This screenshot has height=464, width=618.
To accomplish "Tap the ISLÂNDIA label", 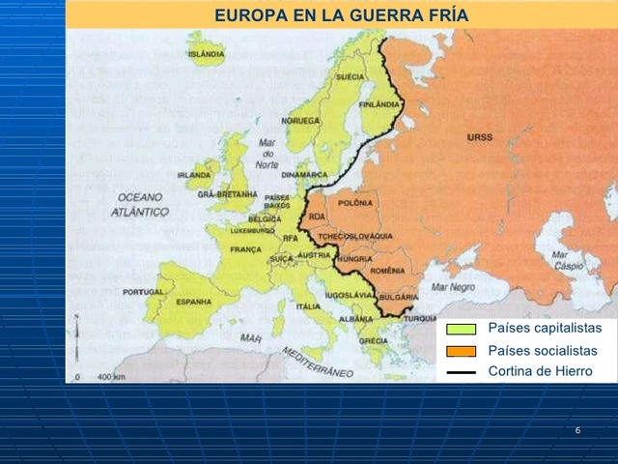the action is [x=207, y=54].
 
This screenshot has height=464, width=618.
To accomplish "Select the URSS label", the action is [x=479, y=137].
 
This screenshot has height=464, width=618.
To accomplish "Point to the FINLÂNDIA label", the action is [x=379, y=103].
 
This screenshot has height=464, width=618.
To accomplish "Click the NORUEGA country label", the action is [x=299, y=121].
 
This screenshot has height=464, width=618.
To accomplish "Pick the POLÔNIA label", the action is [x=355, y=204].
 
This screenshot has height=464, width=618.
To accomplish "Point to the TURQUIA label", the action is [x=420, y=318].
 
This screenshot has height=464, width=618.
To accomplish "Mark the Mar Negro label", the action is [x=453, y=286].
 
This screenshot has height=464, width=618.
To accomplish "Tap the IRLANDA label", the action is [x=193, y=175].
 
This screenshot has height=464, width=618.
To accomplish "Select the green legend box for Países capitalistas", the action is [x=462, y=330].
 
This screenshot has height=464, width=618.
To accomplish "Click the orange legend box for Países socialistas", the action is [x=462, y=351].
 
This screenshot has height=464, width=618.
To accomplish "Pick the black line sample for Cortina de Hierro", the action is [x=462, y=371].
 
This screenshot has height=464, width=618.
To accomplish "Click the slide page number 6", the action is [x=576, y=429].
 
